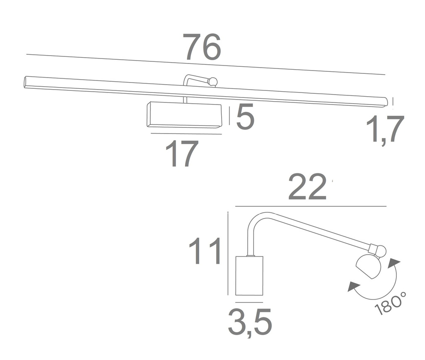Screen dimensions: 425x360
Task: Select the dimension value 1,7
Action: [x=385, y=129]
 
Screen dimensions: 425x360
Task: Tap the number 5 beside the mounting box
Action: [x=245, y=117]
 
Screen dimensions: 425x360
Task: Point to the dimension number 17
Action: [x=182, y=153]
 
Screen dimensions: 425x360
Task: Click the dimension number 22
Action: [x=307, y=187]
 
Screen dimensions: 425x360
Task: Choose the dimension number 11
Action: [x=204, y=251]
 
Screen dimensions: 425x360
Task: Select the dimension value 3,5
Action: [x=249, y=322]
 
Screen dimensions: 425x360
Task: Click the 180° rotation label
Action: [x=391, y=303]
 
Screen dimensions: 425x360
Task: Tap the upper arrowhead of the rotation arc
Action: [x=394, y=263]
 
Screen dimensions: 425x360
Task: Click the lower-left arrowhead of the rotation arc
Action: [x=354, y=286]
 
